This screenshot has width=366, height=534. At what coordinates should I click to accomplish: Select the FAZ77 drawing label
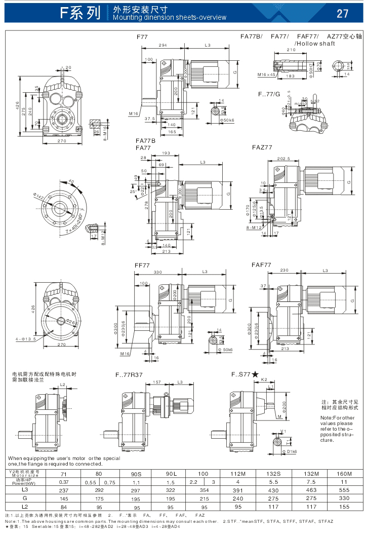[262, 147]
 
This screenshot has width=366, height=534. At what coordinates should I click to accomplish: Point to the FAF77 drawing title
[261, 265]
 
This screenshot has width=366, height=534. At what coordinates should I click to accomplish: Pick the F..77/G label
[269, 94]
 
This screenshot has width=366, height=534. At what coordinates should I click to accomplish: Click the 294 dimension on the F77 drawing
[163, 46]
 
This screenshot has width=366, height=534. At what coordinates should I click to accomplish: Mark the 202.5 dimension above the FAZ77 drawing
[283, 159]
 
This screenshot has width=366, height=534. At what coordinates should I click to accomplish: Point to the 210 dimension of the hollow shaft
[291, 50]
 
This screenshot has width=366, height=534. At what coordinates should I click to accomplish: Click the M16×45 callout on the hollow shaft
[266, 75]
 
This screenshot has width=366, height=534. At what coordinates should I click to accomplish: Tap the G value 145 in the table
[63, 498]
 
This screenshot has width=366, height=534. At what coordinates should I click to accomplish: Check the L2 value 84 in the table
[63, 506]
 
